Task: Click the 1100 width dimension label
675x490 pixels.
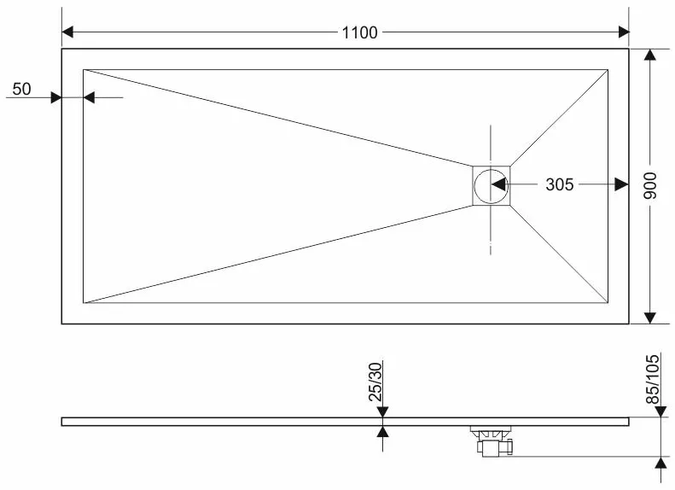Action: pyautogui.click(x=359, y=32)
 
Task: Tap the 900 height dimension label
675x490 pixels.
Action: pyautogui.click(x=650, y=185)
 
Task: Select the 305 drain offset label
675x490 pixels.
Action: pyautogui.click(x=559, y=184)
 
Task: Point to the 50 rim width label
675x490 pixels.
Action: pyautogui.click(x=21, y=89)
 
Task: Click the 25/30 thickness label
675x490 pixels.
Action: pyautogui.click(x=375, y=382)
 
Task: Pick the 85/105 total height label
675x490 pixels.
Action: pyautogui.click(x=653, y=379)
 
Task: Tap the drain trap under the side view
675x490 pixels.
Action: pyautogui.click(x=492, y=440)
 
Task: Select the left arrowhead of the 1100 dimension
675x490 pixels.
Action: pyautogui.click(x=67, y=32)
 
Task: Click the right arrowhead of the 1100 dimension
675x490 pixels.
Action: pyautogui.click(x=624, y=32)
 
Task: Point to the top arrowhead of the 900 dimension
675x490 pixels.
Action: pyautogui.click(x=650, y=55)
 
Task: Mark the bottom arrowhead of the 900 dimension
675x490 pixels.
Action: pyautogui.click(x=650, y=318)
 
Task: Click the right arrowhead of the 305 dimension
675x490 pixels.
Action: pyautogui.click(x=621, y=184)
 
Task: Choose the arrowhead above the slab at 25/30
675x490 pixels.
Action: pyautogui.click(x=382, y=412)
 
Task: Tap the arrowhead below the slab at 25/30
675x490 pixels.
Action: pyautogui.click(x=382, y=431)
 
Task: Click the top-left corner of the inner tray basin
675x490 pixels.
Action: pyautogui.click(x=84, y=69)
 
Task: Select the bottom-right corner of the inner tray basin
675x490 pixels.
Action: pyautogui.click(x=608, y=303)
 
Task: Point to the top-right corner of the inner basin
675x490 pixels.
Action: pyautogui.click(x=608, y=69)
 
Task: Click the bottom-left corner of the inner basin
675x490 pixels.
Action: pyautogui.click(x=84, y=303)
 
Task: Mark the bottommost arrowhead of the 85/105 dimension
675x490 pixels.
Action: pyautogui.click(x=661, y=464)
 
